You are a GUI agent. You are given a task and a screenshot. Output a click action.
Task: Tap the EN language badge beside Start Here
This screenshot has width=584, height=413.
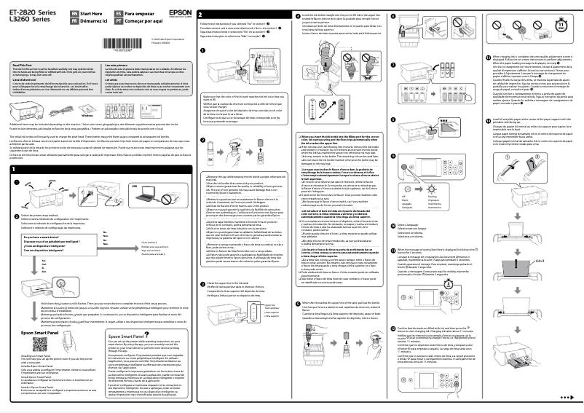coord(67,13)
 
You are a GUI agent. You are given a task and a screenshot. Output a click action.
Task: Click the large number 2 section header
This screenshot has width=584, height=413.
coord(201,15)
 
